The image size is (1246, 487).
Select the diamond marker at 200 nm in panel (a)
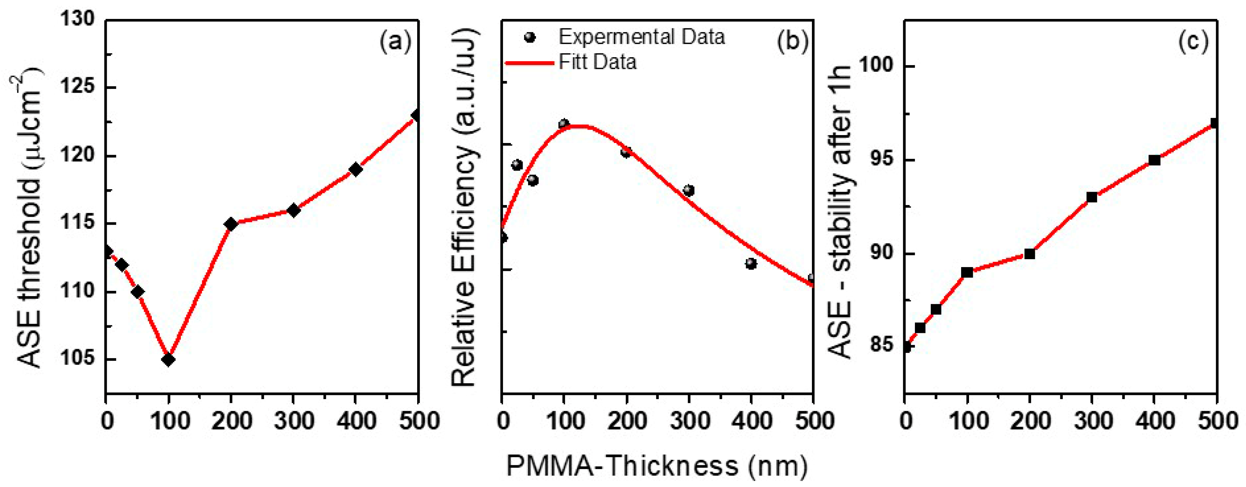(231, 224)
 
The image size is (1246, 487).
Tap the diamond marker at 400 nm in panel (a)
(356, 170)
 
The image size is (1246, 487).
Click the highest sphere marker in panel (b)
(564, 124)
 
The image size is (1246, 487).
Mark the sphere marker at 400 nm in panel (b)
(751, 264)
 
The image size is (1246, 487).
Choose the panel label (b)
(792, 42)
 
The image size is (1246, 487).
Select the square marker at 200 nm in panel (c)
(1029, 254)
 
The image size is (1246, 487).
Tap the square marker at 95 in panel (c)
(1155, 160)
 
